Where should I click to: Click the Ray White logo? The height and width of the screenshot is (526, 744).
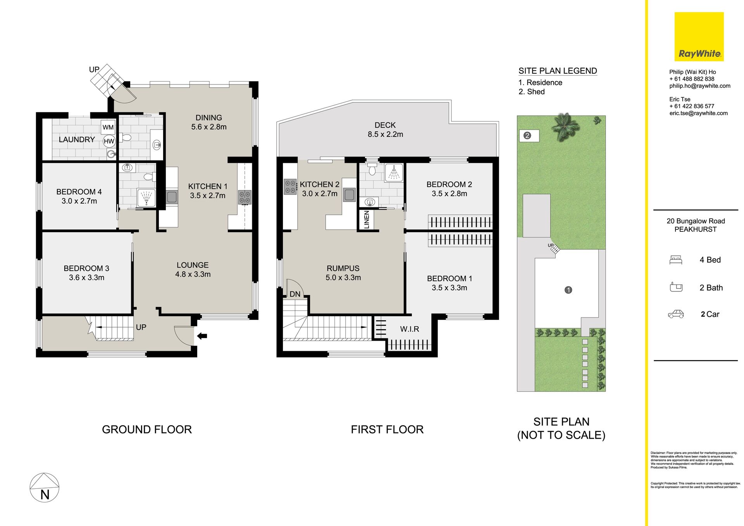tap(699, 36)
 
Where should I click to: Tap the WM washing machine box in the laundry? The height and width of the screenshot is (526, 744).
tap(108, 127)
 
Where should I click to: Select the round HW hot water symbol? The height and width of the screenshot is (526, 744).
tap(109, 141)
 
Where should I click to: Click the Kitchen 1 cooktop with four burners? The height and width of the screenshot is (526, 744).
tap(245, 197)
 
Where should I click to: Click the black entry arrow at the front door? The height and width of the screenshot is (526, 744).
tap(202, 336)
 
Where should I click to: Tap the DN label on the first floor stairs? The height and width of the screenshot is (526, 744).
tap(295, 294)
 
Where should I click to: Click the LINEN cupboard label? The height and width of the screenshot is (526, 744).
tap(367, 220)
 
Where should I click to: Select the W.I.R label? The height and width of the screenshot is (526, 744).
tap(410, 329)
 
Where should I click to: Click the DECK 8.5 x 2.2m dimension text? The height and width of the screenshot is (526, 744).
tap(385, 134)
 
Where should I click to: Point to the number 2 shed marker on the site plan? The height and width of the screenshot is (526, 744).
tap(527, 136)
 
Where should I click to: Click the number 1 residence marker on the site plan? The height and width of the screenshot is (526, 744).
tap(568, 290)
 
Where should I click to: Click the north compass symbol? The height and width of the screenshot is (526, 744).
tap(45, 488)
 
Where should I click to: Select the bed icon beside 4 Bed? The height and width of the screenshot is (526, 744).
tap(676, 260)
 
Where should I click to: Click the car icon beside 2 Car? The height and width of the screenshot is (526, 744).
tap(676, 314)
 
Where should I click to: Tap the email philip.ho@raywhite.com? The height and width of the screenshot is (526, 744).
tap(700, 86)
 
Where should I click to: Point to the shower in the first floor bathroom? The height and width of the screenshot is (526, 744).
tap(394, 173)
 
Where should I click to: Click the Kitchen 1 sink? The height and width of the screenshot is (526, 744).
tap(172, 197)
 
